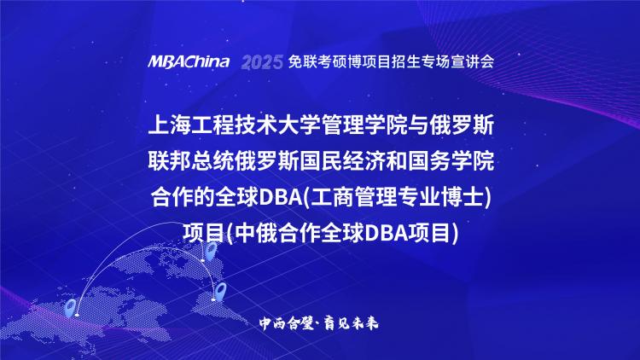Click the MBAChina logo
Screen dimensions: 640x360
(189, 62)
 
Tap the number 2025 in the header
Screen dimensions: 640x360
(262, 62)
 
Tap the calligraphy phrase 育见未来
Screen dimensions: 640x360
(351, 323)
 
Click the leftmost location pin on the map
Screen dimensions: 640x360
(71, 308)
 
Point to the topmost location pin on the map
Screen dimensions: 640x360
(210, 251)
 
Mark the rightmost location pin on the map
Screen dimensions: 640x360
(221, 291)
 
